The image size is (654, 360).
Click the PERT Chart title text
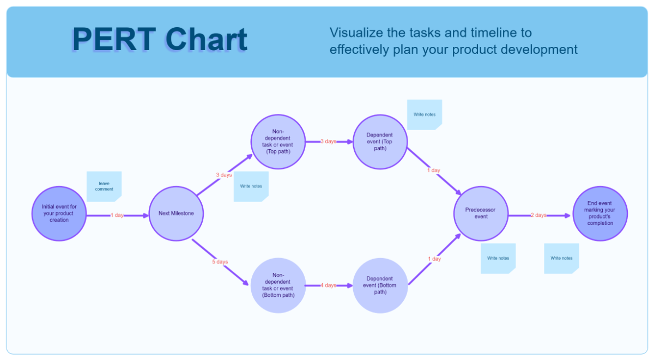click(159, 40)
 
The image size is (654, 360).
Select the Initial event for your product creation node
click(59, 213)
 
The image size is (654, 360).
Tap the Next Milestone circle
click(176, 213)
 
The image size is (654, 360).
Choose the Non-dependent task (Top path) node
click(278, 142)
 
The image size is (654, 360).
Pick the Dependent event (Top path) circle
click(380, 142)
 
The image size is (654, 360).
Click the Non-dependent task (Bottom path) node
click(278, 285)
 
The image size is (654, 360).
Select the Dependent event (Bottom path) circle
click(380, 285)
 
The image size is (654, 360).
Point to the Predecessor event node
click(481, 213)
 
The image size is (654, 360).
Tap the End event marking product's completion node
click(600, 213)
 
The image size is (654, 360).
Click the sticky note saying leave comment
click(104, 186)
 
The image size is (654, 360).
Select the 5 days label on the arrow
click(220, 262)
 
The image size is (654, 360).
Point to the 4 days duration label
click(328, 285)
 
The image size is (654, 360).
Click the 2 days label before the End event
click(538, 215)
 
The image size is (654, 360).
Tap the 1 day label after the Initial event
click(117, 215)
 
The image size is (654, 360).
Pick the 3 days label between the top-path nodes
click(328, 142)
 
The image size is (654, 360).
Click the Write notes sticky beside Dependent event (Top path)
click(424, 114)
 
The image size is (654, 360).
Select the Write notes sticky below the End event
click(561, 258)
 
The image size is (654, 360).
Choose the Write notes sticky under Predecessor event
click(498, 258)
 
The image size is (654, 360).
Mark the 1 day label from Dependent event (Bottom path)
click(434, 259)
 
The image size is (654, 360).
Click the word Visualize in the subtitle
click(355, 33)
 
